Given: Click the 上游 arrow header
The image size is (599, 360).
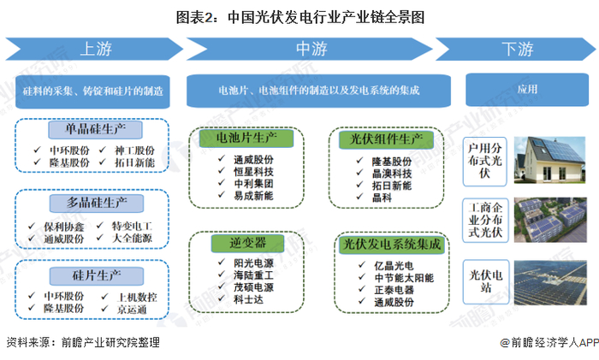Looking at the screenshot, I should [x=95, y=48].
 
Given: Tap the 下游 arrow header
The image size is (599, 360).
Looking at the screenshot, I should [x=519, y=48].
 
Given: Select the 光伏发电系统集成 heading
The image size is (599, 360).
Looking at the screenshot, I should [x=393, y=245].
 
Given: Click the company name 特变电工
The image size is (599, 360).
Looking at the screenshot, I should [x=131, y=224].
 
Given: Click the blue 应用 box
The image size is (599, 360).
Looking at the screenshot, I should [x=527, y=88].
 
